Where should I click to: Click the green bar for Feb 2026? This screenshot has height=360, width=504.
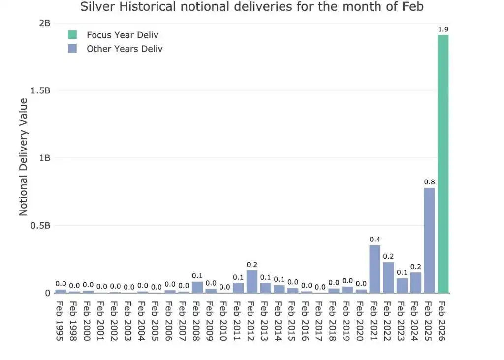pyautogui.click(x=443, y=164)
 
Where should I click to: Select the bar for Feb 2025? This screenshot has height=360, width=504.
pyautogui.click(x=429, y=240)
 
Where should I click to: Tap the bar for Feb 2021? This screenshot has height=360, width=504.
pyautogui.click(x=375, y=269)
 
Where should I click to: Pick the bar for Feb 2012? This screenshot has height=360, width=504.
pyautogui.click(x=252, y=282)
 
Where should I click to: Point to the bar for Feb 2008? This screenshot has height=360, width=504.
pyautogui.click(x=197, y=287)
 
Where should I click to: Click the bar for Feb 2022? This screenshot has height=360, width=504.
pyautogui.click(x=389, y=277)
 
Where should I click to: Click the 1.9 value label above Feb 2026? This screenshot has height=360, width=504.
pyautogui.click(x=443, y=29)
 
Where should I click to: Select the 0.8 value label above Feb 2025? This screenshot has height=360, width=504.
pyautogui.click(x=429, y=182)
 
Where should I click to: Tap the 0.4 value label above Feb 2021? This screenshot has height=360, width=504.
pyautogui.click(x=375, y=239)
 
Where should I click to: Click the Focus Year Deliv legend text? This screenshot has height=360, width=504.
pyautogui.click(x=123, y=35)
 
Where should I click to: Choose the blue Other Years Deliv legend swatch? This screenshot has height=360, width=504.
pyautogui.click(x=72, y=49)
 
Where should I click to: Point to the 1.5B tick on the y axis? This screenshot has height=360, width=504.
pyautogui.click(x=40, y=90)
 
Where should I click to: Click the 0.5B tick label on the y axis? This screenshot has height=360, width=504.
pyautogui.click(x=40, y=226)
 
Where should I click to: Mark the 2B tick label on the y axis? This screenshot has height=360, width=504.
pyautogui.click(x=45, y=23)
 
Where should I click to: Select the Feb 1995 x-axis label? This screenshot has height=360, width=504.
pyautogui.click(x=60, y=321)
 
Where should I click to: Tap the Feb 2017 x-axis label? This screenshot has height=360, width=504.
pyautogui.click(x=319, y=321)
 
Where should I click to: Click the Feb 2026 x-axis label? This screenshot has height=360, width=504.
pyautogui.click(x=442, y=321)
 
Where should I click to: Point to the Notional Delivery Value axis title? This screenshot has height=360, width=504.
pyautogui.click(x=23, y=157)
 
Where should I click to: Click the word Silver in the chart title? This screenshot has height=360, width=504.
pyautogui.click(x=97, y=6)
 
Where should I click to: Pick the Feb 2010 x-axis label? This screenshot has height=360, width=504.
pyautogui.click(x=224, y=321)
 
